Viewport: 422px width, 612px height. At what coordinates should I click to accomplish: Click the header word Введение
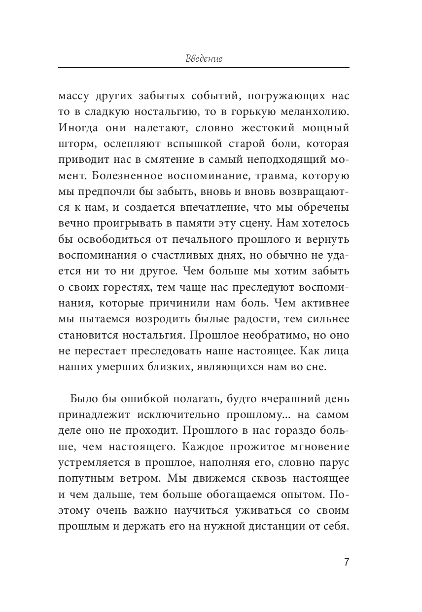204,58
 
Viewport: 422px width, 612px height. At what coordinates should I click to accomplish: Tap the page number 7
346,563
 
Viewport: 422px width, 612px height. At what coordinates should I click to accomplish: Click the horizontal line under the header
204,68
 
